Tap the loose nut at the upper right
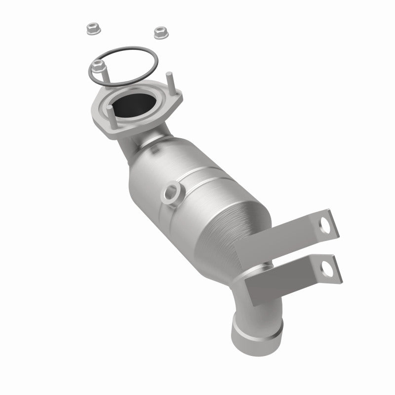tap(159, 33)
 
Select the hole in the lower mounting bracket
tap(327, 270)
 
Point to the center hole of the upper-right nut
tap(159, 32)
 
